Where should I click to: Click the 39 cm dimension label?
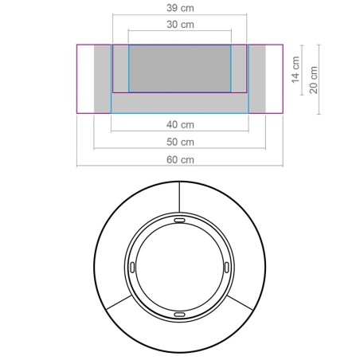[180, 7]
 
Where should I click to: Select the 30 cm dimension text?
[180, 25]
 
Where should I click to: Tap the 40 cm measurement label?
[180, 124]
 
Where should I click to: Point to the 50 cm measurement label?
[180, 142]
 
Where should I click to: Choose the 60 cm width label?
[180, 159]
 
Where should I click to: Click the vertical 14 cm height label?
[295, 70]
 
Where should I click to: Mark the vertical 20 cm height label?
[315, 79]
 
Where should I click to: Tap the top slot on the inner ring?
[180, 218]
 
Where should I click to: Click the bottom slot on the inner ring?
[180, 315]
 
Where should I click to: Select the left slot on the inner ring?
[131, 267]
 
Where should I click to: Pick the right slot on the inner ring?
[229, 267]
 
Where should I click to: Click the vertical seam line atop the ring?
[180, 197]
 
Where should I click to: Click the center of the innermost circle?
[180, 267]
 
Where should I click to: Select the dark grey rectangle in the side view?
[180, 68]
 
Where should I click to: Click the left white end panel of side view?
[85, 79]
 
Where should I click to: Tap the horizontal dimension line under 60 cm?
[180, 166]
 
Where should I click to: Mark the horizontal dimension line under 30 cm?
[180, 33]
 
